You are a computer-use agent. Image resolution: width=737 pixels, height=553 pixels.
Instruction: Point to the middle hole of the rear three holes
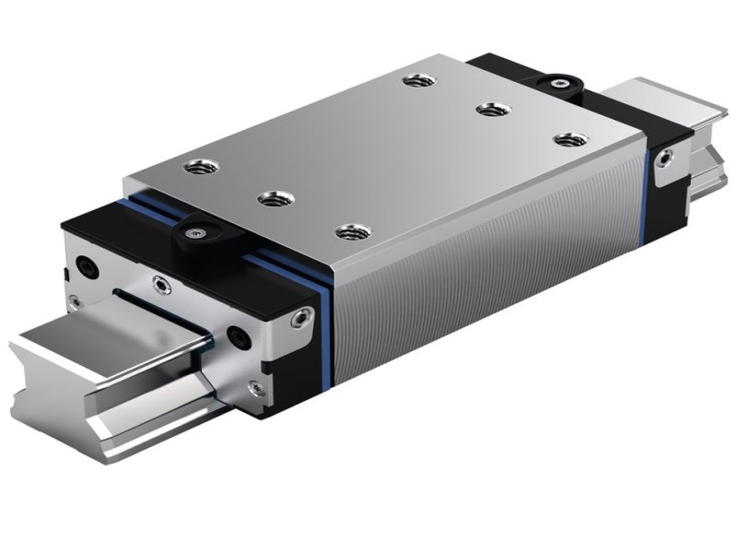coord(488,110)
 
